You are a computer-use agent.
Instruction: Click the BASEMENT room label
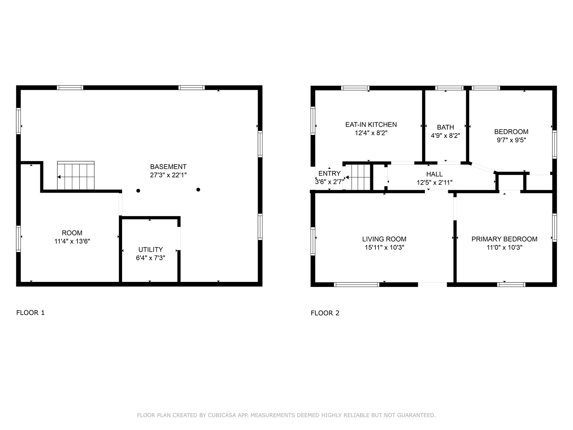(x=168, y=167)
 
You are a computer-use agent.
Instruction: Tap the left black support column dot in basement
(x=138, y=191)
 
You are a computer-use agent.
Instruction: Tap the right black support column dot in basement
(x=198, y=190)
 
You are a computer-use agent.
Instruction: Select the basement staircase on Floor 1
(x=76, y=176)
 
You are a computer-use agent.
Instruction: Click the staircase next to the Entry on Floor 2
(x=358, y=177)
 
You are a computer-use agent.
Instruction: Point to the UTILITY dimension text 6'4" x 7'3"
(x=151, y=258)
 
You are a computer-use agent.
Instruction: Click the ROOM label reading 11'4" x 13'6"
(x=72, y=237)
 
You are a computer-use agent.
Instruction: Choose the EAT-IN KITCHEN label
(x=371, y=125)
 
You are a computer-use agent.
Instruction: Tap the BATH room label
(x=445, y=127)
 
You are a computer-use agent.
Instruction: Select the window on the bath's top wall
(x=449, y=88)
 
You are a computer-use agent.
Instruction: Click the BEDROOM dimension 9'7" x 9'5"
(x=511, y=140)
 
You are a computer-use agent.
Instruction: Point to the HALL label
(x=435, y=174)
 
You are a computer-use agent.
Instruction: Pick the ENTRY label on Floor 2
(x=329, y=174)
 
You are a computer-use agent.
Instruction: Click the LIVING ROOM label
(x=384, y=239)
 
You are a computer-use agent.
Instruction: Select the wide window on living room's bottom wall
(x=357, y=285)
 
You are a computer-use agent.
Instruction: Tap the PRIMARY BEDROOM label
(x=504, y=239)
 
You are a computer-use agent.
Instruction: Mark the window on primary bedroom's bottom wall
(x=511, y=285)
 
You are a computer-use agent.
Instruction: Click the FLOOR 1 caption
(x=30, y=313)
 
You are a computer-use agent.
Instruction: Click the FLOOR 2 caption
(x=325, y=313)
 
